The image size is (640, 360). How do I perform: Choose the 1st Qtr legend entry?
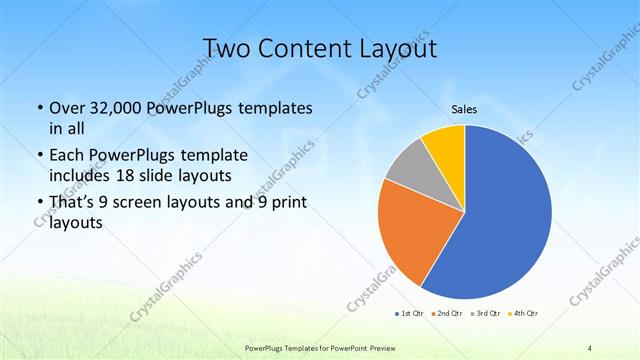click(409, 315)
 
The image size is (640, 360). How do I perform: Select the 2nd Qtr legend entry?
click(448, 315)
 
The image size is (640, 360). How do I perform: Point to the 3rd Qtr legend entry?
click(487, 315)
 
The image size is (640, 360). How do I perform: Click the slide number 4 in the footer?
click(590, 347)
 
